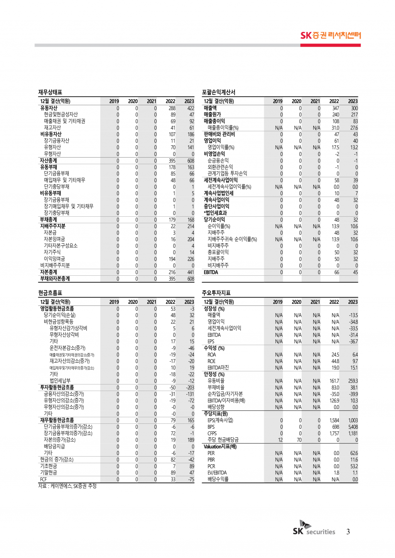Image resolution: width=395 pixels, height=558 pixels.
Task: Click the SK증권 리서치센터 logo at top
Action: click(331, 35)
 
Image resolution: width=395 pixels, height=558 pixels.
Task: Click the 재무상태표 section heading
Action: click(50, 92)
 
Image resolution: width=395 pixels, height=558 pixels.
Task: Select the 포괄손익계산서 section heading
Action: click(218, 92)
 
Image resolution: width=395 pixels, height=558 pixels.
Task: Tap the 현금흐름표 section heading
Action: click(50, 293)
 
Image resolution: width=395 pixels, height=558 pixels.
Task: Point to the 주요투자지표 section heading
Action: click(216, 293)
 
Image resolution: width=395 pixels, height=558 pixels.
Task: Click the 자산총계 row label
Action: click(49, 160)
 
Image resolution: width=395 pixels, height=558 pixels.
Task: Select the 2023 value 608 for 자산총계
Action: click(191, 161)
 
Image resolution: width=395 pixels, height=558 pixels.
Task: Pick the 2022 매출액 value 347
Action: click(335, 108)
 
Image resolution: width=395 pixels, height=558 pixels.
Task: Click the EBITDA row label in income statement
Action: click(211, 272)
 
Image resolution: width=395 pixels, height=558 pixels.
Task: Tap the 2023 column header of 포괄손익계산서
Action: click(353, 101)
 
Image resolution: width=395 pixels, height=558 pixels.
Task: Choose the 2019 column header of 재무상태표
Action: click(114, 101)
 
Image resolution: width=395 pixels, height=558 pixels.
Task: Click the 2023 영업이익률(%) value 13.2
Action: click(354, 147)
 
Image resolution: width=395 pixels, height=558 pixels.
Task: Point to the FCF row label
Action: click(43, 479)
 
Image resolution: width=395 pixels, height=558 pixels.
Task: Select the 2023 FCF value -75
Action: click(191, 479)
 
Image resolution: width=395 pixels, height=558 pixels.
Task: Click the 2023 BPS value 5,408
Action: click(353, 427)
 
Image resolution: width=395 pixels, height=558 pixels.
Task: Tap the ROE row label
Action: click(211, 361)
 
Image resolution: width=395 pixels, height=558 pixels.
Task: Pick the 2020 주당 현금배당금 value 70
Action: click(299, 440)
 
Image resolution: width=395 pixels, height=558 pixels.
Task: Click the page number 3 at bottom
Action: click(348, 532)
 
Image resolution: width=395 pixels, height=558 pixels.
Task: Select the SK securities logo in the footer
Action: click(314, 529)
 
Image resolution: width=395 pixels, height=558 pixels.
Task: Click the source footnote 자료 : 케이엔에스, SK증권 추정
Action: click(67, 486)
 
